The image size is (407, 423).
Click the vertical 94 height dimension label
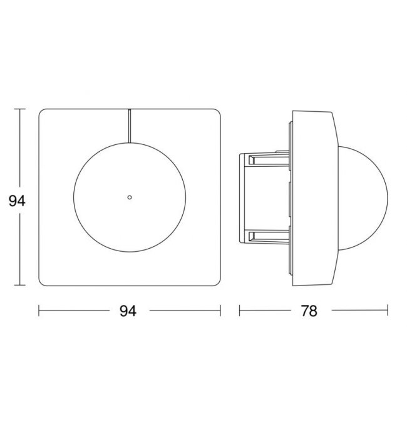[x=17, y=201]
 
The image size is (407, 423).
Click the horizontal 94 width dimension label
[x=128, y=311]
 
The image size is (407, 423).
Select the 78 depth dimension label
[x=309, y=311]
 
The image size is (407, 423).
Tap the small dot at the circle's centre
[x=130, y=197]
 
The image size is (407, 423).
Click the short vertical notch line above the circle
[x=130, y=126]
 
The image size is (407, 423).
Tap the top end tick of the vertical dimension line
[x=20, y=109]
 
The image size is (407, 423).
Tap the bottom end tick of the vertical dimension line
[x=20, y=285]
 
